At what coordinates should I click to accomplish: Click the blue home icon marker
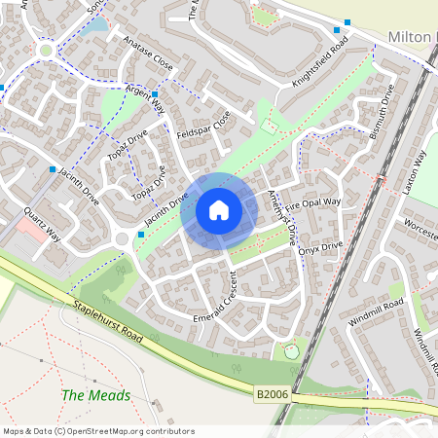(x=219, y=210)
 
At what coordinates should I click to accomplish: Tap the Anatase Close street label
(x=148, y=53)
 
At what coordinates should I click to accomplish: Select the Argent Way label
(x=145, y=99)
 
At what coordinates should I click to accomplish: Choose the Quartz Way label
(x=43, y=225)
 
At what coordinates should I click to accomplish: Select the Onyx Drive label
(x=322, y=251)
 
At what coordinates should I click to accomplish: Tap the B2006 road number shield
(x=274, y=395)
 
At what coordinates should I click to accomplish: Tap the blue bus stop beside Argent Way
(x=155, y=94)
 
